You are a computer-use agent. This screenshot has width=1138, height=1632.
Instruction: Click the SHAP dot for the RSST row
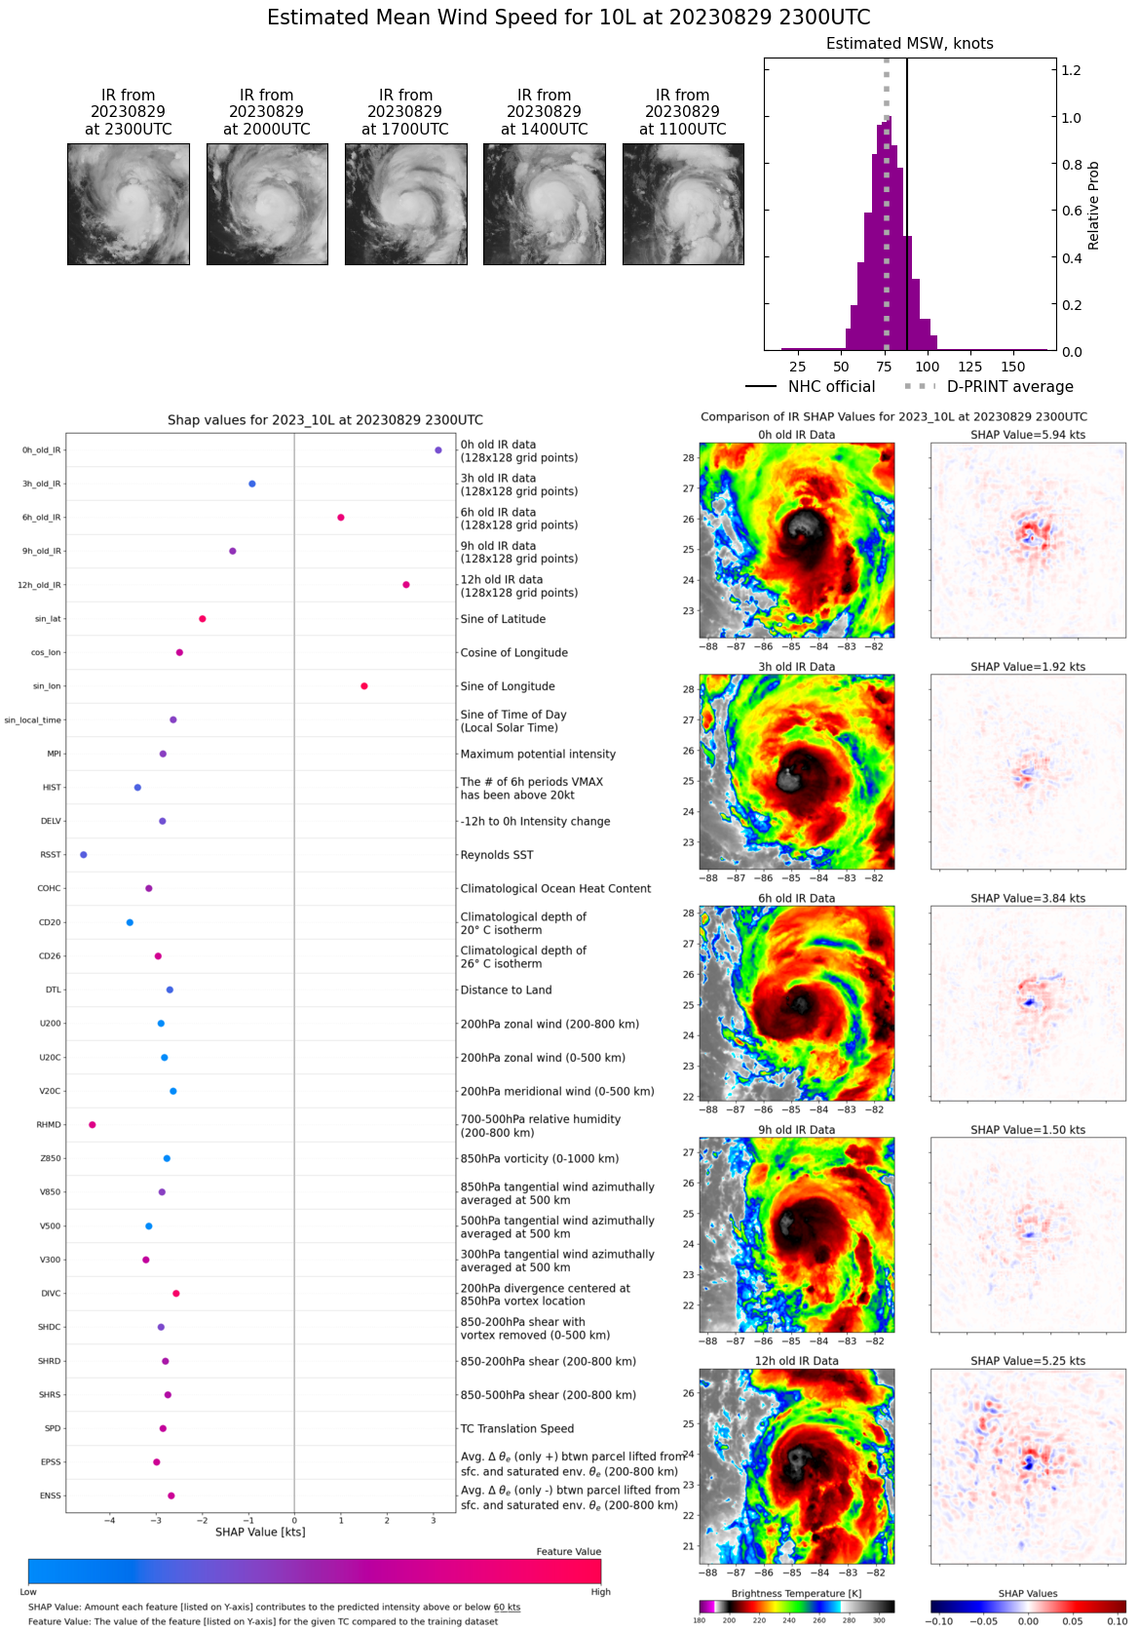point(84,855)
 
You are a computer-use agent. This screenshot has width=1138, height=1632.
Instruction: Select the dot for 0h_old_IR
point(438,450)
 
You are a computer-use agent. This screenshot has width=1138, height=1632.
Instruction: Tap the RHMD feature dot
point(93,1125)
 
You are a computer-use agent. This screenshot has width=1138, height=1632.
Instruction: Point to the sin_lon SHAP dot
point(364,686)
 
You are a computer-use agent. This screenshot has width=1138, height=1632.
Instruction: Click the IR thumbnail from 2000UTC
point(267,205)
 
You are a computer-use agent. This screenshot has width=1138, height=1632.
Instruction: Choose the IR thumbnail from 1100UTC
point(683,205)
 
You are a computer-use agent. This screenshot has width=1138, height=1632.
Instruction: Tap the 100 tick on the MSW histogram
point(928,367)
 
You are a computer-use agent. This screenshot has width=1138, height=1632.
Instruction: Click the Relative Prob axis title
point(1093,205)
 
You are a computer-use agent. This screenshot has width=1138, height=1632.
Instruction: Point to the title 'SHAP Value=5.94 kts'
point(1028,435)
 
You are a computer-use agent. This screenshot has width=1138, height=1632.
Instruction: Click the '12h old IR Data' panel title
point(796,1361)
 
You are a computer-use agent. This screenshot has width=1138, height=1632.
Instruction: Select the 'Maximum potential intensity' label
point(538,754)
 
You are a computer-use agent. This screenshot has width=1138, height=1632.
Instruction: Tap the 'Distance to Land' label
point(506,990)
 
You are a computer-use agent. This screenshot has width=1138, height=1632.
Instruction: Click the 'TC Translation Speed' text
point(516,1428)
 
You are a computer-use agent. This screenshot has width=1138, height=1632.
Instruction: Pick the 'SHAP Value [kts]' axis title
point(260,1532)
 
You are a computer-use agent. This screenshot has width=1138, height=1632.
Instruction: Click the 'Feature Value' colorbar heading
point(568,1551)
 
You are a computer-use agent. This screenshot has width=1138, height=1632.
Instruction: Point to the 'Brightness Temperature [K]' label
point(796,1593)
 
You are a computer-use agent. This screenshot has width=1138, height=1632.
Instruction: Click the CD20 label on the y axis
point(50,922)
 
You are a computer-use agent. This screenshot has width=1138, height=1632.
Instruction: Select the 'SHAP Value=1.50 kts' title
point(1028,1130)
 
